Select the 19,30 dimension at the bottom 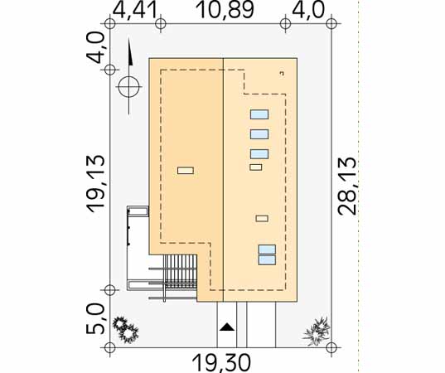click(x=221, y=362)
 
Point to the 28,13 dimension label click(x=347, y=186)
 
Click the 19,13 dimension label click(x=95, y=183)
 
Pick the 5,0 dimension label click(x=95, y=318)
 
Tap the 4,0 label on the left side click(x=95, y=47)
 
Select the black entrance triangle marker click(x=227, y=327)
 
